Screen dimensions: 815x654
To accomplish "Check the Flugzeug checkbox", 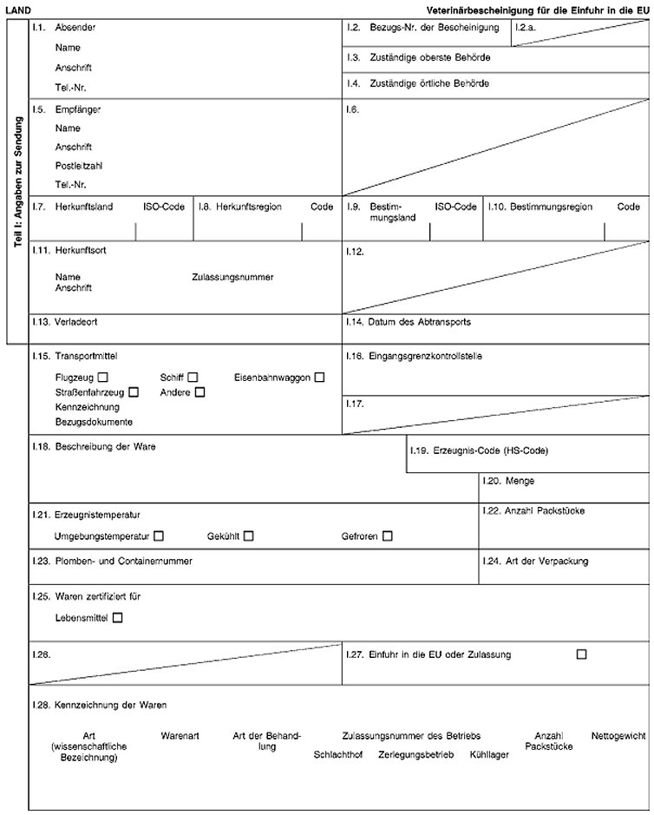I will pyautogui.click(x=103, y=378).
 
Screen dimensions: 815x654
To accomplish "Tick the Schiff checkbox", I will pyautogui.click(x=193, y=378).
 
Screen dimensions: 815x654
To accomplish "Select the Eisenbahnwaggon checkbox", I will pyautogui.click(x=320, y=378).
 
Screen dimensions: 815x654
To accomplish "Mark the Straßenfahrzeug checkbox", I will pyautogui.click(x=134, y=392).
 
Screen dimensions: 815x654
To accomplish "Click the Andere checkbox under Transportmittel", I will pyautogui.click(x=199, y=392).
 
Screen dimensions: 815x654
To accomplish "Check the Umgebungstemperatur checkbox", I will pyautogui.click(x=158, y=536).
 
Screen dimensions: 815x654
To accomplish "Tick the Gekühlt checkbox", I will pyautogui.click(x=248, y=536).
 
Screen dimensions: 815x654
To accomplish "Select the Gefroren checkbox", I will pyautogui.click(x=387, y=536).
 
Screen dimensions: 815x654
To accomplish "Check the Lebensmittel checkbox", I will pyautogui.click(x=117, y=618).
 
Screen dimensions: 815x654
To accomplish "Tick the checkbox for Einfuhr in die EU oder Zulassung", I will pyautogui.click(x=580, y=654).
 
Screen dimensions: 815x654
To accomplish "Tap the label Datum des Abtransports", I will pyautogui.click(x=420, y=321).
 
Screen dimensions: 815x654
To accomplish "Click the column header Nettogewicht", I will pyautogui.click(x=618, y=736).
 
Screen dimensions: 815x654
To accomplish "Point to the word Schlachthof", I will pyautogui.click(x=337, y=754).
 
